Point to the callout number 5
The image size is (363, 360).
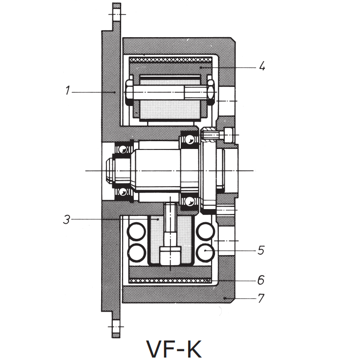pyautogui.click(x=260, y=250)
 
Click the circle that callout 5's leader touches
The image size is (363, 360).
pyautogui.click(x=206, y=251)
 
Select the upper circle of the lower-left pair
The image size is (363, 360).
pyautogui.click(x=136, y=231)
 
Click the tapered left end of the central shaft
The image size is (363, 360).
pyautogui.click(x=110, y=170)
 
